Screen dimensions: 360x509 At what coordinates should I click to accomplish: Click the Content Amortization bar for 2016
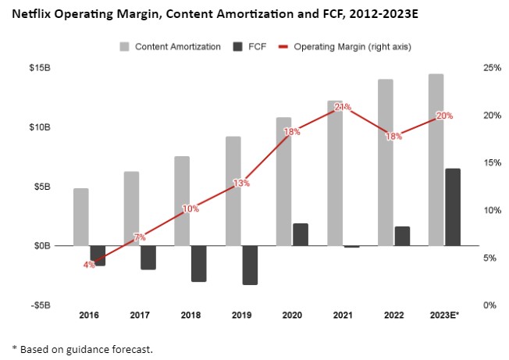tap(81, 217)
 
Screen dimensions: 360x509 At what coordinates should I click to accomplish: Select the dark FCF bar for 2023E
tap(452, 207)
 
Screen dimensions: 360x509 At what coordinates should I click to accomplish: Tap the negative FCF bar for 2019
tap(250, 265)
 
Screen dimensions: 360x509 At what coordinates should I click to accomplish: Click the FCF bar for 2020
tap(301, 234)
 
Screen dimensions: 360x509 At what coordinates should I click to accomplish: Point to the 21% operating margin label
tap(343, 107)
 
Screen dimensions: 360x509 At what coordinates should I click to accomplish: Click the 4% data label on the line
tap(89, 265)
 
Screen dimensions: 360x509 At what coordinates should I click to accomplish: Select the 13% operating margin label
tap(241, 184)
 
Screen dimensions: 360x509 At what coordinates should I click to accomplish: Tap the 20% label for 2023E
tap(444, 116)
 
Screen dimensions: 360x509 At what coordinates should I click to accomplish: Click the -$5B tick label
tap(40, 305)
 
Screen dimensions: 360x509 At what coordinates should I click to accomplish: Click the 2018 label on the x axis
tap(190, 315)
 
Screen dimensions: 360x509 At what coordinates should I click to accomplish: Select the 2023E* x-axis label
tap(444, 315)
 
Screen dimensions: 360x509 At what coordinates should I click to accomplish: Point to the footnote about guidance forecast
tap(82, 348)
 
